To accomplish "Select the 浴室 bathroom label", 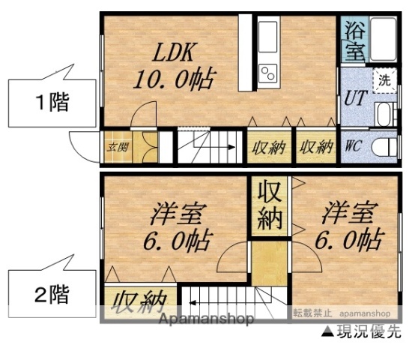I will [355, 41].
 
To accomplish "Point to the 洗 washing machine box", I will [384, 80].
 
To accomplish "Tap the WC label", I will [354, 145].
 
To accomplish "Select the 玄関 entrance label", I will [116, 147].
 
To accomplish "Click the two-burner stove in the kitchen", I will [267, 73].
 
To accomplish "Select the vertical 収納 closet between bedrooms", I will [270, 204].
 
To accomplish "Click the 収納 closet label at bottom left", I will [140, 303].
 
